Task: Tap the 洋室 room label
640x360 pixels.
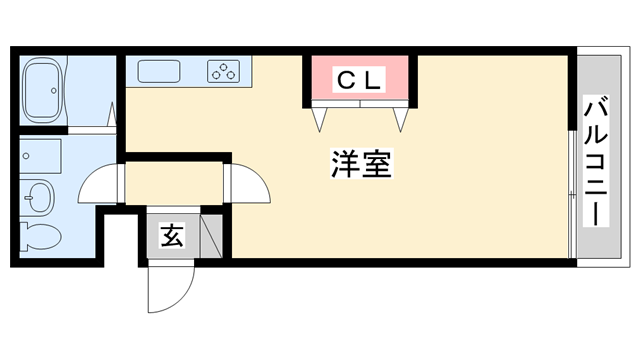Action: tap(359, 165)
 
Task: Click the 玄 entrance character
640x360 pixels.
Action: tap(171, 237)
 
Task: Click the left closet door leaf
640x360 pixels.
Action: tap(321, 117)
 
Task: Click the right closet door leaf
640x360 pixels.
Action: tap(402, 117)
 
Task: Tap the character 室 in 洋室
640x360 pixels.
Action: tap(375, 165)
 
